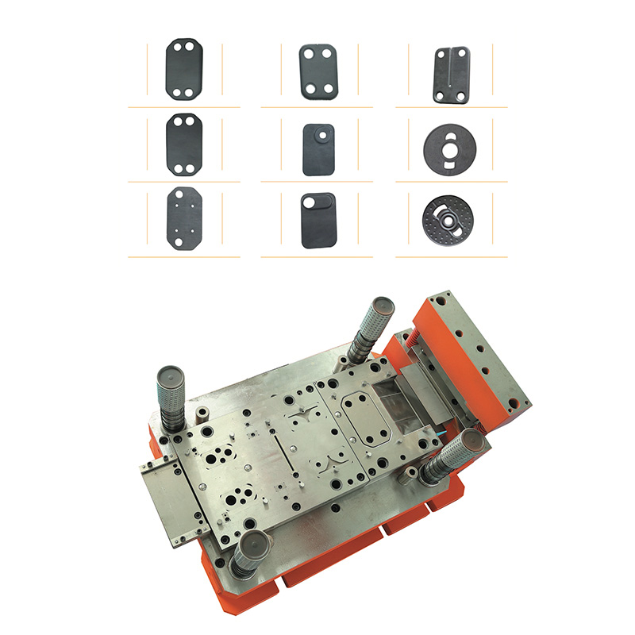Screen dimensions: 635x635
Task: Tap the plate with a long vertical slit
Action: coord(451,74)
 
